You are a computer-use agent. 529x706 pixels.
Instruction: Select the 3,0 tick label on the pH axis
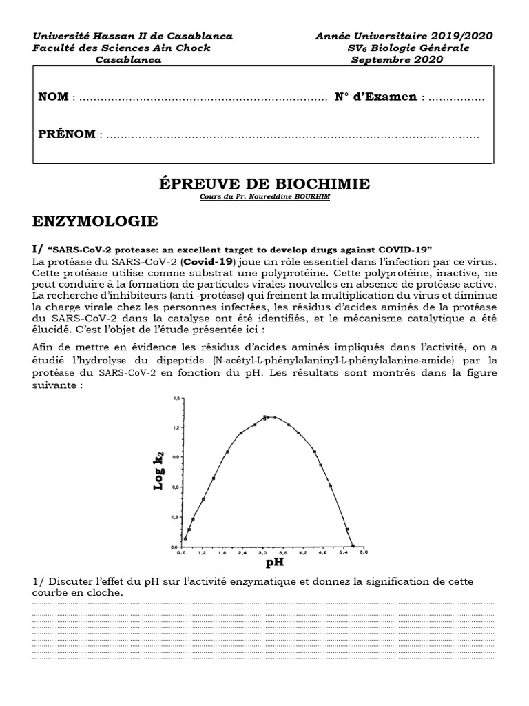click(262, 552)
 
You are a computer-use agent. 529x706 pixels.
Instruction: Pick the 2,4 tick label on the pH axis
click(242, 552)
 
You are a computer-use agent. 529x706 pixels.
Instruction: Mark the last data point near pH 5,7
click(353, 545)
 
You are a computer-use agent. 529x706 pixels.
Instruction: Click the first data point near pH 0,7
click(185, 538)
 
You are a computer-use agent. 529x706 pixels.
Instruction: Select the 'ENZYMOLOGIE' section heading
click(95, 221)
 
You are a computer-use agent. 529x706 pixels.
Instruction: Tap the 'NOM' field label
click(53, 97)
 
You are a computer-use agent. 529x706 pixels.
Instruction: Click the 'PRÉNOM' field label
click(67, 134)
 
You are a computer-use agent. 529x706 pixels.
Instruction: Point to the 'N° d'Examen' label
click(375, 97)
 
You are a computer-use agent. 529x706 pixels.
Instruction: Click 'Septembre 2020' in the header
click(397, 59)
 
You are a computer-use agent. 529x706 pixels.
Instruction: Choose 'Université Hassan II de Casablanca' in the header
click(132, 36)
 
